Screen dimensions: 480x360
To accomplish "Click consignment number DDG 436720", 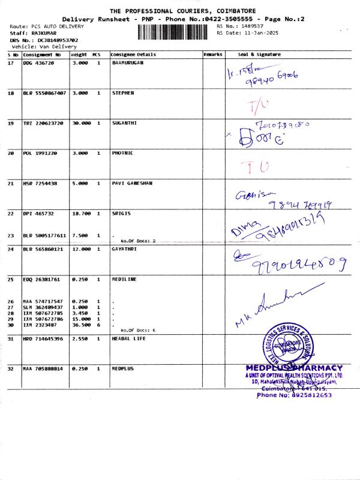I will [x=39, y=62].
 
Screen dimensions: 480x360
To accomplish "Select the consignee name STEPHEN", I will [x=123, y=93].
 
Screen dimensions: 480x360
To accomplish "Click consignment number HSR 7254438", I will [x=40, y=183].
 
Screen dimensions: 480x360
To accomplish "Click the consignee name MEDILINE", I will [x=124, y=279].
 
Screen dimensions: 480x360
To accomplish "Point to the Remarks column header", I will [x=213, y=55].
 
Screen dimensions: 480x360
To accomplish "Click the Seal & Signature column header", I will [x=259, y=55].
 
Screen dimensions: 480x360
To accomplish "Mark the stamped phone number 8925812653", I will [x=293, y=395].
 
